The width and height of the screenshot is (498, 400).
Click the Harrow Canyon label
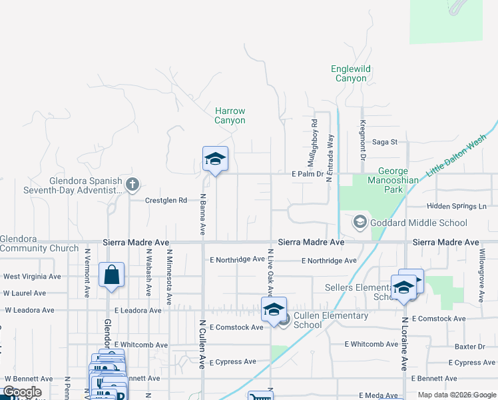pyautogui.click(x=230, y=116)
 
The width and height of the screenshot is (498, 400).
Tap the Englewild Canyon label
pyautogui.click(x=351, y=73)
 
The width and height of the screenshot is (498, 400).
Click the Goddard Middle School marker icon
pyautogui.click(x=360, y=222)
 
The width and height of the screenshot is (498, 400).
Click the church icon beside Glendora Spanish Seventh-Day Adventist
pyautogui.click(x=133, y=183)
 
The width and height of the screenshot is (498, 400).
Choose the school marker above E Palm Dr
pyautogui.click(x=215, y=159)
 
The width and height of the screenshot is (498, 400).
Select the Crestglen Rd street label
pyautogui.click(x=166, y=200)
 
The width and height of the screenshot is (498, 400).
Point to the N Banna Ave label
pyautogui.click(x=202, y=215)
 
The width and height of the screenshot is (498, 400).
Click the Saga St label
pyautogui.click(x=384, y=141)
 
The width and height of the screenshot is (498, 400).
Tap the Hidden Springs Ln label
pyautogui.click(x=457, y=207)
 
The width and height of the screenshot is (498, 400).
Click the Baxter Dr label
pyautogui.click(x=470, y=347)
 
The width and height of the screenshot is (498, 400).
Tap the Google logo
pyautogui.click(x=22, y=392)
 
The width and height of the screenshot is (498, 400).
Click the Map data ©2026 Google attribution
pyautogui.click(x=457, y=395)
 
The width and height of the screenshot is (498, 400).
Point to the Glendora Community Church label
pyautogui.click(x=39, y=243)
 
